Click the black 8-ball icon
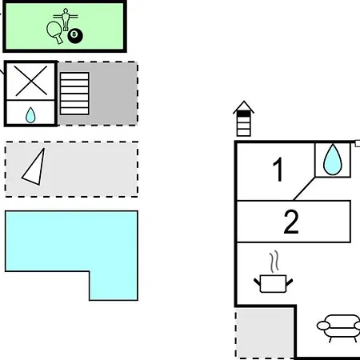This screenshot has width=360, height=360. click(x=75, y=36)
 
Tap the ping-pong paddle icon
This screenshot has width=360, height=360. click(x=54, y=30)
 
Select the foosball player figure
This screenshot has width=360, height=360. click(x=66, y=18)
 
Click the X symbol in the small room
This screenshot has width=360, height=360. click(x=31, y=81)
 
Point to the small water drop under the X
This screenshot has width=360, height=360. click(x=30, y=115)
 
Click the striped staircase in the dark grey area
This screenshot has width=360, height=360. click(x=74, y=94)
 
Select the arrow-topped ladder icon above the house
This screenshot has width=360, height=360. click(x=243, y=118)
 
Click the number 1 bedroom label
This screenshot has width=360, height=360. click(x=278, y=169)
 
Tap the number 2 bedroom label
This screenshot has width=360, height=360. click(x=291, y=222)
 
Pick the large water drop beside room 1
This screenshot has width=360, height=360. click(x=333, y=159)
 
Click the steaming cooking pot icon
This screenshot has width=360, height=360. click(x=273, y=284)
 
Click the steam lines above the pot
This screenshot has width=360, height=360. click(x=274, y=262)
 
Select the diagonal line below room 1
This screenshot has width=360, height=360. click(x=304, y=189)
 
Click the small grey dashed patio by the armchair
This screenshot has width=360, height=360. click(x=265, y=334)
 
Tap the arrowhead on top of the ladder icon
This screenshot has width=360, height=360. click(x=243, y=106)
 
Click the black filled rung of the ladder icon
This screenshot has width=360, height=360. click(x=244, y=114)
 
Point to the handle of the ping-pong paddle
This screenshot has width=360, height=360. click(x=59, y=39)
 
